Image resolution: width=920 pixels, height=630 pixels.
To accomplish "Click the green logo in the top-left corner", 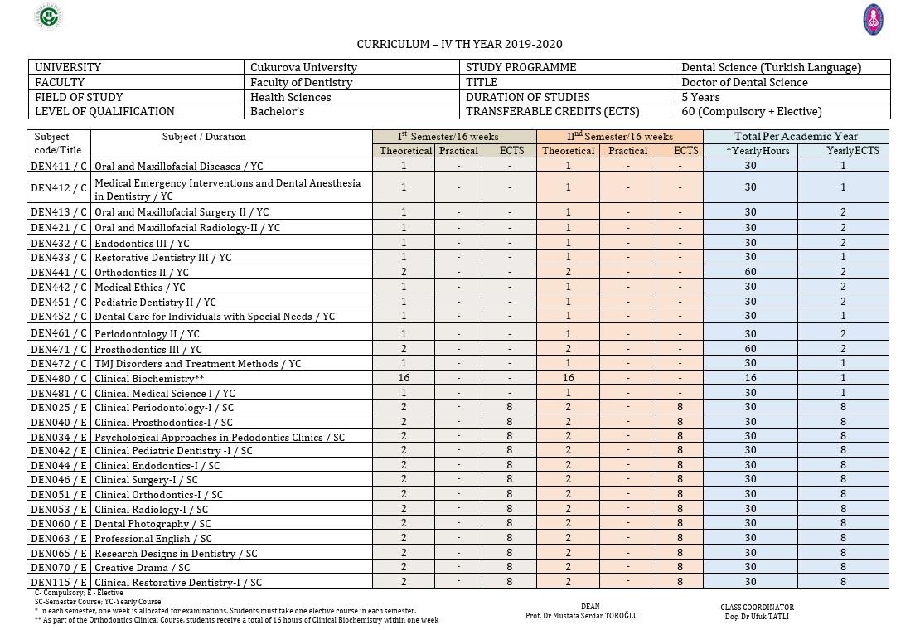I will click(50, 17).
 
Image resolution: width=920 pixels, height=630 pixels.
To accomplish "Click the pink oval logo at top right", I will click(873, 19).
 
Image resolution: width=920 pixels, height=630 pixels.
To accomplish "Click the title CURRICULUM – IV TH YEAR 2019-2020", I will click(459, 44).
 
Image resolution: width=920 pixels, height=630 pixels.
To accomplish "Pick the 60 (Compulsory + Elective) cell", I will click(751, 111).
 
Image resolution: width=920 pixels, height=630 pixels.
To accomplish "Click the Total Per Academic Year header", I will click(796, 137).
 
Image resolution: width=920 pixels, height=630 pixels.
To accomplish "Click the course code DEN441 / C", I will click(59, 272).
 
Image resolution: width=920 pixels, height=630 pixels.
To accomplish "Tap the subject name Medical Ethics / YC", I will click(140, 287).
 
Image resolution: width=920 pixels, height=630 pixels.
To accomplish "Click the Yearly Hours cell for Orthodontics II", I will click(750, 272).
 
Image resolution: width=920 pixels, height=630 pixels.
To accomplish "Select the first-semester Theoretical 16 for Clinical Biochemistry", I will click(404, 378).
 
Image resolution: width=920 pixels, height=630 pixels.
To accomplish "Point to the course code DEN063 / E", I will click(59, 538).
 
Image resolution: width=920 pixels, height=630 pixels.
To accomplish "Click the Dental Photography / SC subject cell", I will click(153, 524).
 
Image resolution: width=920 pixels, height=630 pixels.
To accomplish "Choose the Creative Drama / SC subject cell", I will click(142, 568).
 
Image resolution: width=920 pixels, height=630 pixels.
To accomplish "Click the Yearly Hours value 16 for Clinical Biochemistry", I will click(750, 378).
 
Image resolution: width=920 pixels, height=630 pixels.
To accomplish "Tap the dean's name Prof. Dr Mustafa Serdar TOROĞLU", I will click(582, 616).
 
